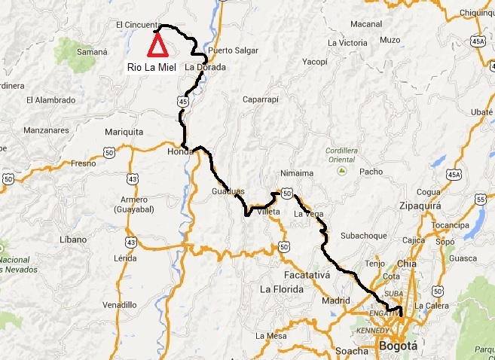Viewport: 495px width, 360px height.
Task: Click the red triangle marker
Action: click(x=157, y=47)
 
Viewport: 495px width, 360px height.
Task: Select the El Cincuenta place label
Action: click(x=138, y=24)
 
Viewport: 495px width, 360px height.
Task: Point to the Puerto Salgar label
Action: click(x=230, y=51)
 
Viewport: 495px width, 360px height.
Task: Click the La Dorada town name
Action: click(x=210, y=67)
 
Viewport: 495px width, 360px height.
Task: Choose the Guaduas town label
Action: click(x=228, y=192)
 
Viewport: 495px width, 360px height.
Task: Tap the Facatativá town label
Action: click(x=307, y=275)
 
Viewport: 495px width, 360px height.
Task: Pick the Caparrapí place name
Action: click(x=261, y=99)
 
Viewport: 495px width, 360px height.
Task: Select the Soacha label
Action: click(x=353, y=351)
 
